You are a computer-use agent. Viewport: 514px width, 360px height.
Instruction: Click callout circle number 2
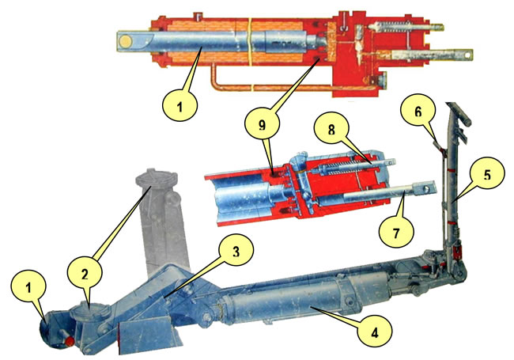coord(85,275)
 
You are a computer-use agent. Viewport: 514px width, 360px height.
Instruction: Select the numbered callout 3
coord(236,252)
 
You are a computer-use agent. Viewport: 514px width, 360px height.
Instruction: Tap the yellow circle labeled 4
coord(375,333)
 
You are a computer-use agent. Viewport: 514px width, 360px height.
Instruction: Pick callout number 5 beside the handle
coord(487,174)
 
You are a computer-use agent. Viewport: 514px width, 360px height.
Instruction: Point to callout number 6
coord(418,112)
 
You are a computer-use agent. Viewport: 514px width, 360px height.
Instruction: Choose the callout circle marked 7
coord(396,233)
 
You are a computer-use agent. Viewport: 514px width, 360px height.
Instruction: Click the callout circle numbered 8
coord(331,131)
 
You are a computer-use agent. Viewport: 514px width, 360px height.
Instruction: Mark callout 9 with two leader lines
coord(263,125)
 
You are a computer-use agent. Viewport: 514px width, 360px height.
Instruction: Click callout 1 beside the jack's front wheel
coord(28,288)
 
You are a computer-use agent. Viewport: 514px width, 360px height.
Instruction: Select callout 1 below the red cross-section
coord(180,106)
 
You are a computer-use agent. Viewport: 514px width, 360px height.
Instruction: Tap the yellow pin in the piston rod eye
coord(126,41)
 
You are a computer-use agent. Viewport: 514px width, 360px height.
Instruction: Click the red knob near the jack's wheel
coord(70,342)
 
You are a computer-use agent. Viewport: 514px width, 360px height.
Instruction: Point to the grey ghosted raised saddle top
coord(157,178)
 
